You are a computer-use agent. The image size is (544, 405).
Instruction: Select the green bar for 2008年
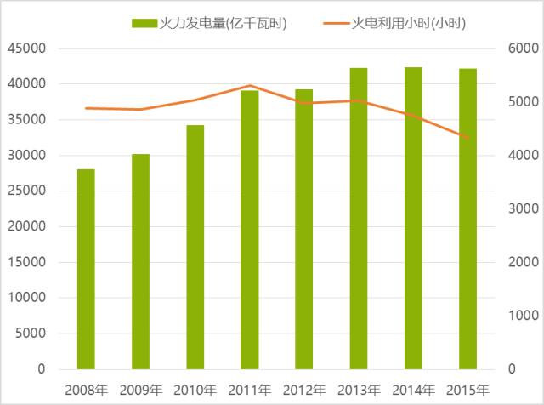click(x=86, y=269)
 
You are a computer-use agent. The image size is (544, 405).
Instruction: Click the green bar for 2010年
click(x=195, y=247)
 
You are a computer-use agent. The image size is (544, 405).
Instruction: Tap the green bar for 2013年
click(x=359, y=219)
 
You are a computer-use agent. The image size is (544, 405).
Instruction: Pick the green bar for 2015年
click(x=468, y=219)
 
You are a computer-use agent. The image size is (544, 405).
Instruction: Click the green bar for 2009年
click(x=141, y=261)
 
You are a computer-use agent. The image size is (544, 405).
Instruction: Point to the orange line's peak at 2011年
click(x=250, y=85)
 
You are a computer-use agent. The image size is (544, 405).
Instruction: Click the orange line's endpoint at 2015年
click(x=468, y=138)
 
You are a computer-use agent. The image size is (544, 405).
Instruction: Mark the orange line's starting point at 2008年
click(x=86, y=108)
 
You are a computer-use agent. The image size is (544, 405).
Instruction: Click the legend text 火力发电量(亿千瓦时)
click(x=223, y=23)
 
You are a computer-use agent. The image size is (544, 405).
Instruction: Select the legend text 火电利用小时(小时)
click(x=408, y=23)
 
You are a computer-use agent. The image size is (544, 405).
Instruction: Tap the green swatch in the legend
click(x=144, y=23)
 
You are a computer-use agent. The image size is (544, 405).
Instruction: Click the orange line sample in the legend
click(x=337, y=23)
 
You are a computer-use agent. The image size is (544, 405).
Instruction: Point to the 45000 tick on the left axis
click(x=26, y=48)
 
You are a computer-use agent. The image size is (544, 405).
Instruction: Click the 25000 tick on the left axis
click(x=26, y=191)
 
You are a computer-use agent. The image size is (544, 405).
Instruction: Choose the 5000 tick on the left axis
click(x=31, y=334)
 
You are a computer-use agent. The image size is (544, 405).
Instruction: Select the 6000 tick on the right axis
click(x=524, y=48)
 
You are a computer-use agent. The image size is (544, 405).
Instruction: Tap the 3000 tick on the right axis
click(x=524, y=208)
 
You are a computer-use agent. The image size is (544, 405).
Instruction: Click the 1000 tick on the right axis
click(x=524, y=316)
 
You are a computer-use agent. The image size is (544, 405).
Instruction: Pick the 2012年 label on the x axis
click(x=304, y=391)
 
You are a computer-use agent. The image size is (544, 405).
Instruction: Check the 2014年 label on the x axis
click(x=414, y=391)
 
